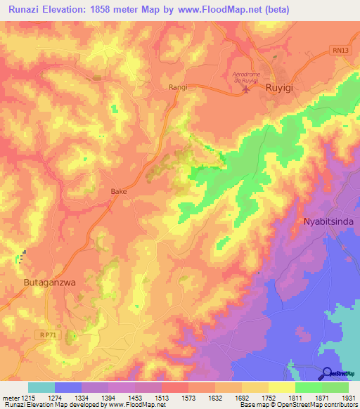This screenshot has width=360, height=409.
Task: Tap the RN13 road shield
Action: [340, 50]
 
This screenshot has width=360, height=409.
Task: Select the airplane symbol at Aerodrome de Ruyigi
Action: [245, 89]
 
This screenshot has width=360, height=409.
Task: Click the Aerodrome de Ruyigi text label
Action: [250, 76]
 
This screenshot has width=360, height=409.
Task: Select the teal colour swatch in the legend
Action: [41, 387]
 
